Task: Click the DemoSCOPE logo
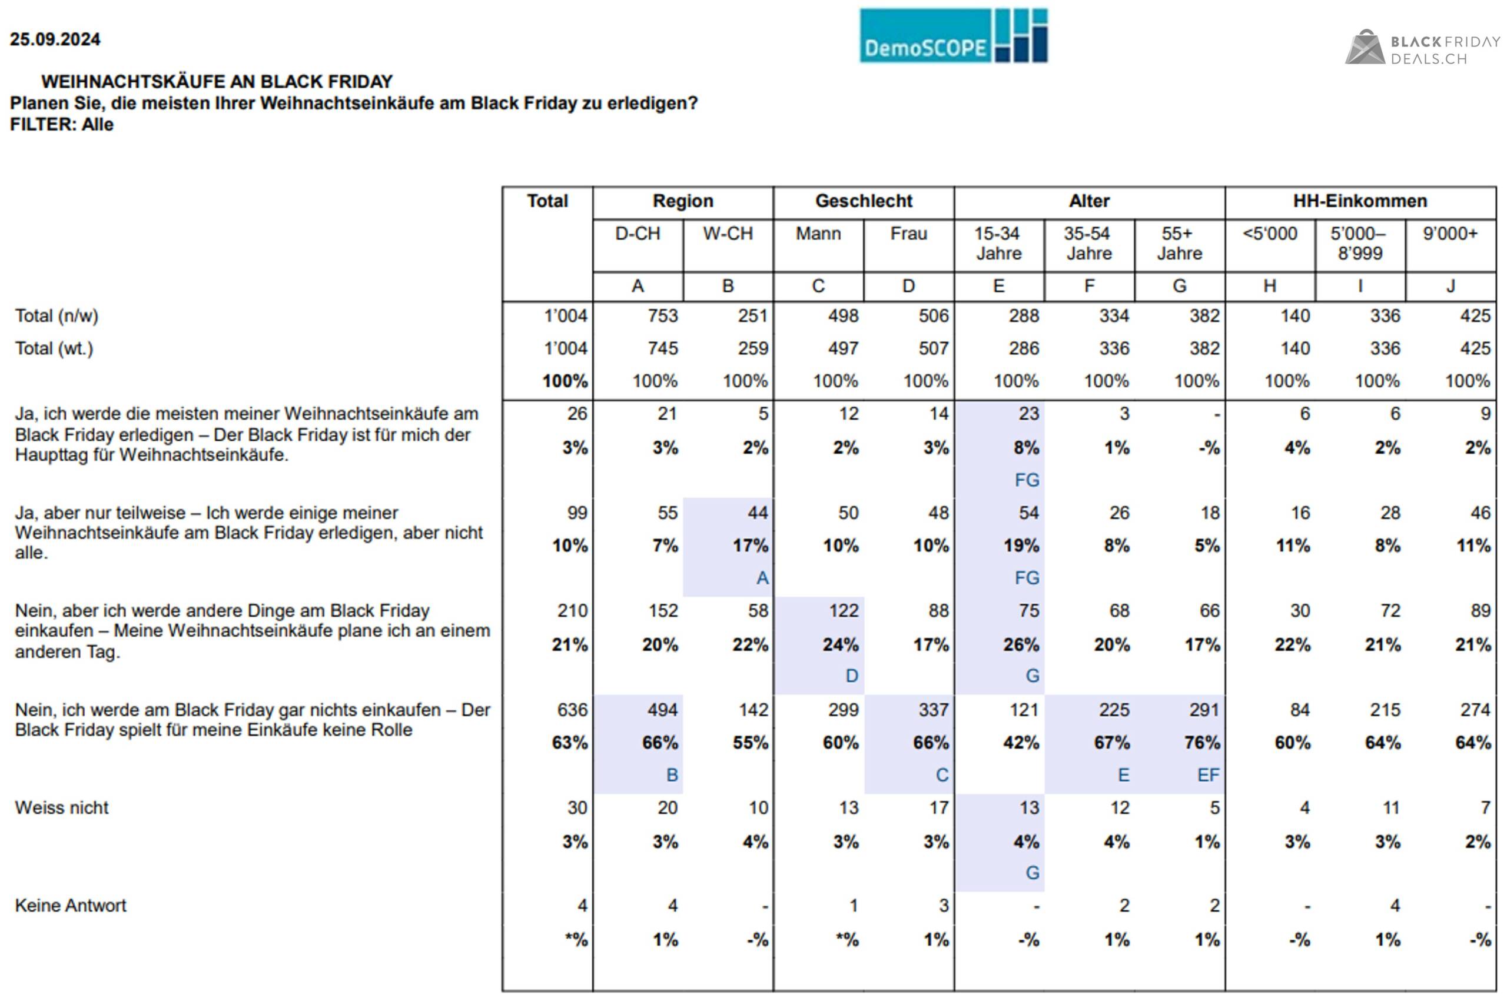click(x=954, y=36)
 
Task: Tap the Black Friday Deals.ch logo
click(x=1423, y=48)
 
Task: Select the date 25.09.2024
click(x=55, y=39)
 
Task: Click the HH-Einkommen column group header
click(x=1360, y=201)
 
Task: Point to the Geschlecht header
click(x=864, y=201)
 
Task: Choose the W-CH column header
click(x=728, y=234)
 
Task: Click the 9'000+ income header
click(x=1449, y=234)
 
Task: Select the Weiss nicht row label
click(x=62, y=807)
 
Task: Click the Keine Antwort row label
click(x=71, y=905)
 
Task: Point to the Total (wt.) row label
click(x=54, y=348)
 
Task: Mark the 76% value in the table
click(x=1203, y=743)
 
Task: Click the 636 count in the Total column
click(x=572, y=710)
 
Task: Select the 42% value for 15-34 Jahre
click(x=1021, y=743)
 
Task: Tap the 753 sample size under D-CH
click(x=663, y=316)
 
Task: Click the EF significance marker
click(x=1208, y=775)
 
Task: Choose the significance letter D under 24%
click(x=852, y=676)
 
